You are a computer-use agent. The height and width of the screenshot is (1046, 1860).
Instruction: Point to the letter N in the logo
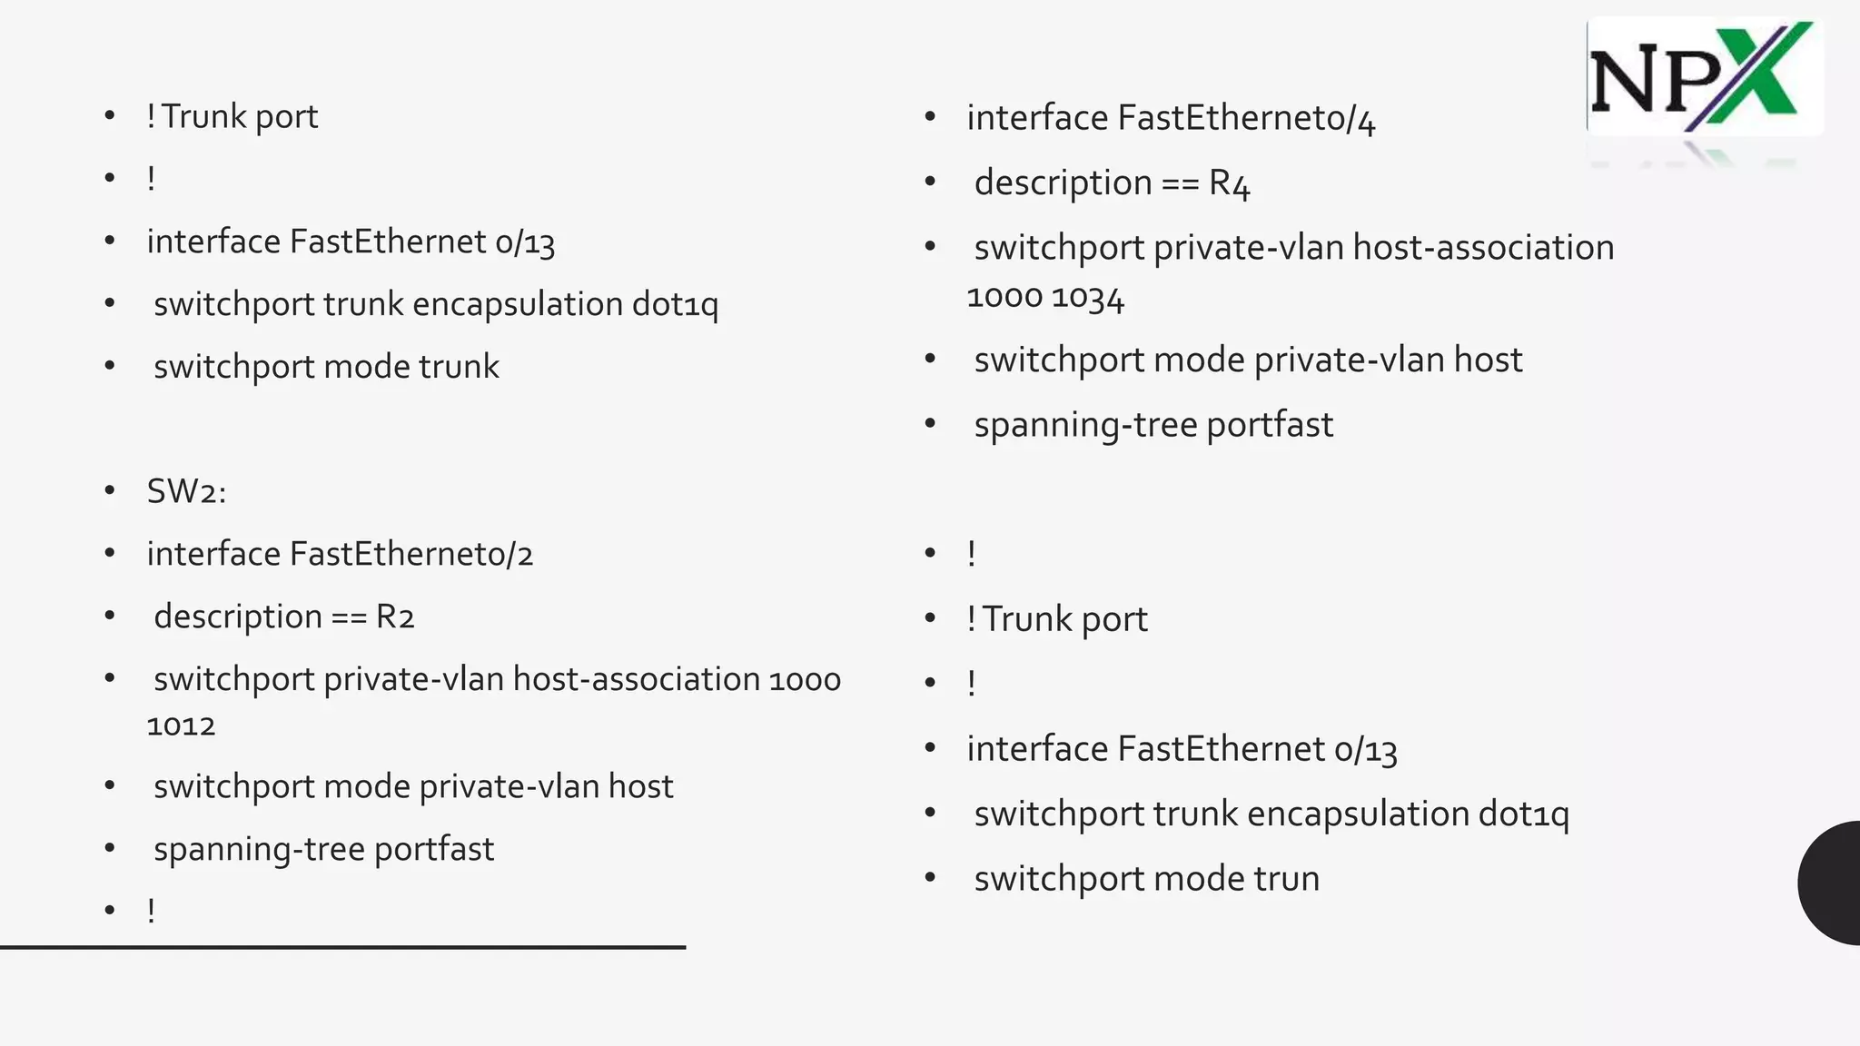1625,83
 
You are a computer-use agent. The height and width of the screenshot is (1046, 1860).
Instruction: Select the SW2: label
186,491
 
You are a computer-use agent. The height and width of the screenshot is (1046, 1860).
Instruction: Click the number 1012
181,725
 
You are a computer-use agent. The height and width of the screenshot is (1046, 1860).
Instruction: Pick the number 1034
1088,298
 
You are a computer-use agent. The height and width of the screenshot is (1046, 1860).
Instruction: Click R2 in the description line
395,617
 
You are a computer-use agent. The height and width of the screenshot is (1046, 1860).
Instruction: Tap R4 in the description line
1229,183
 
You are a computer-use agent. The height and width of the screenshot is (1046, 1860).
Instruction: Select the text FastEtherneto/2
411,554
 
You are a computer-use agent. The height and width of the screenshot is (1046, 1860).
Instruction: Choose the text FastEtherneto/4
1246,118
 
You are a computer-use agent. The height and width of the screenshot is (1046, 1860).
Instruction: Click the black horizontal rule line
342,947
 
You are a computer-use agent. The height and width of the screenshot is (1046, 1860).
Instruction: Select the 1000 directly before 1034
1004,298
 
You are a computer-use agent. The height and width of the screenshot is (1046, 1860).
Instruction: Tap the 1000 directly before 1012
805,679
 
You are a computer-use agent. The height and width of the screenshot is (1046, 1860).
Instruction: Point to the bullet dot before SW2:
110,491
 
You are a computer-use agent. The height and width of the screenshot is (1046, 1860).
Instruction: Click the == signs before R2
349,617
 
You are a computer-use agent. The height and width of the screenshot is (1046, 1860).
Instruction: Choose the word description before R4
1063,183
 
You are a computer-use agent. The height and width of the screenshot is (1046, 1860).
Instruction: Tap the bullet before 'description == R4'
930,183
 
